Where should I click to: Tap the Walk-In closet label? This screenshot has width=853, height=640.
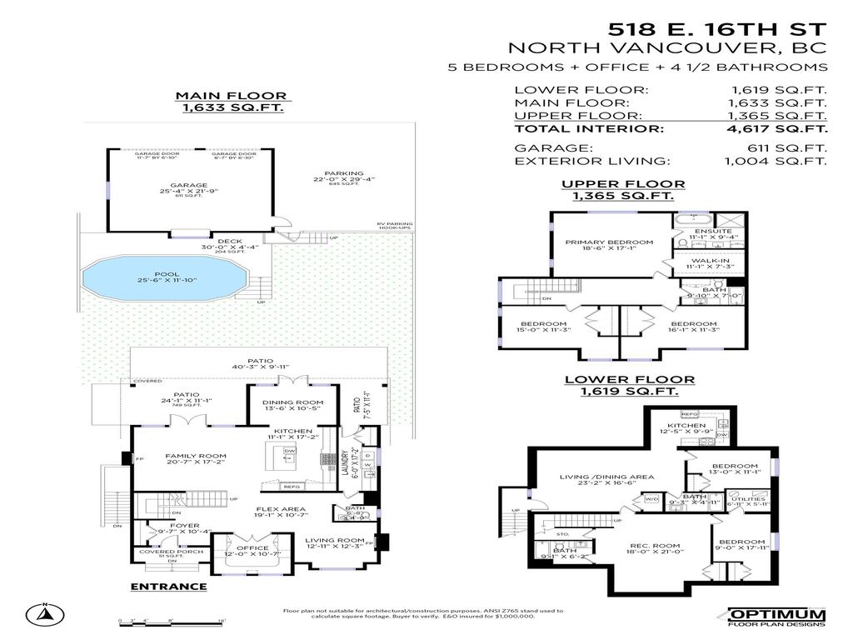[x=710, y=260]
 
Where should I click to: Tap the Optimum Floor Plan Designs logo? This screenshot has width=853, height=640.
[x=776, y=617]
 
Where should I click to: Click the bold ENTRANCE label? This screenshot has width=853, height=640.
[x=169, y=587]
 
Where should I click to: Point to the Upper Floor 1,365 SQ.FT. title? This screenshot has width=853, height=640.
[x=623, y=190]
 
